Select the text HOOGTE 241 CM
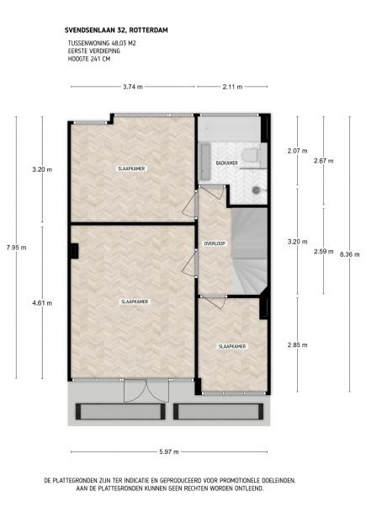[89, 60]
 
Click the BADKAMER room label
[226, 163]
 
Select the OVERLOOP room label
[214, 243]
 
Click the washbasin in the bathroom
[204, 153]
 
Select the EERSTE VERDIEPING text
[93, 51]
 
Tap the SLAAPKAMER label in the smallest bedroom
[231, 346]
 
